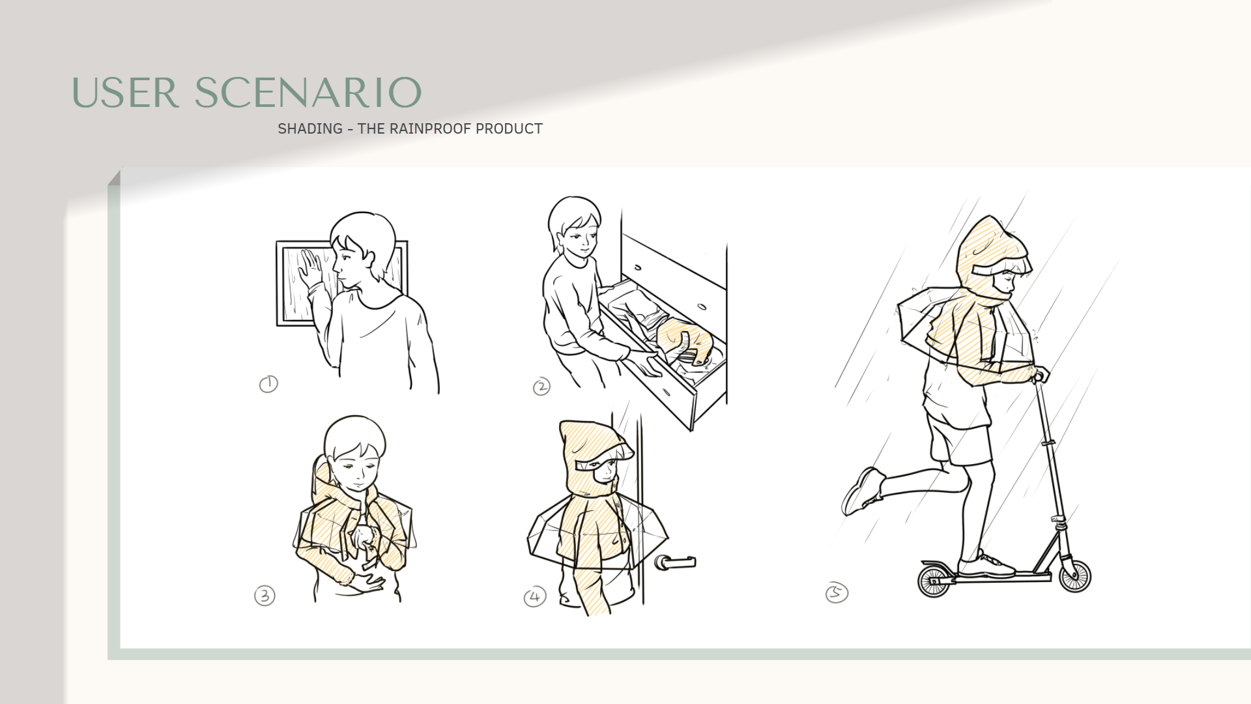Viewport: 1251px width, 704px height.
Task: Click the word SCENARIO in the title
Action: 308,93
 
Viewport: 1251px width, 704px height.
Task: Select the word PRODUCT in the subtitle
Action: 509,128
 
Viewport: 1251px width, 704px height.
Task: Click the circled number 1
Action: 268,384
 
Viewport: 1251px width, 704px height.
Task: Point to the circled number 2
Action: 541,387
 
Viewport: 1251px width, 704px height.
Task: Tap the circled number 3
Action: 265,596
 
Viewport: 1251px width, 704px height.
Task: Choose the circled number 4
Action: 535,596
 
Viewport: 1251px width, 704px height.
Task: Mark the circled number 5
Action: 837,593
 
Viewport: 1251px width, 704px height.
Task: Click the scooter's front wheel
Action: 1074,576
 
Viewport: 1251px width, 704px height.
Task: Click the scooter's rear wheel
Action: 934,580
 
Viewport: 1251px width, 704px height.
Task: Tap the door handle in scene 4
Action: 675,562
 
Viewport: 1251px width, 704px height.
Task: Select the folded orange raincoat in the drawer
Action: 684,339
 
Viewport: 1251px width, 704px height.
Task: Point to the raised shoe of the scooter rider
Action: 862,491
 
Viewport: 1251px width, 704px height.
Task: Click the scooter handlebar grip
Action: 1042,374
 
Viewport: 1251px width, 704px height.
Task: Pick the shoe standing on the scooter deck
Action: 985,566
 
